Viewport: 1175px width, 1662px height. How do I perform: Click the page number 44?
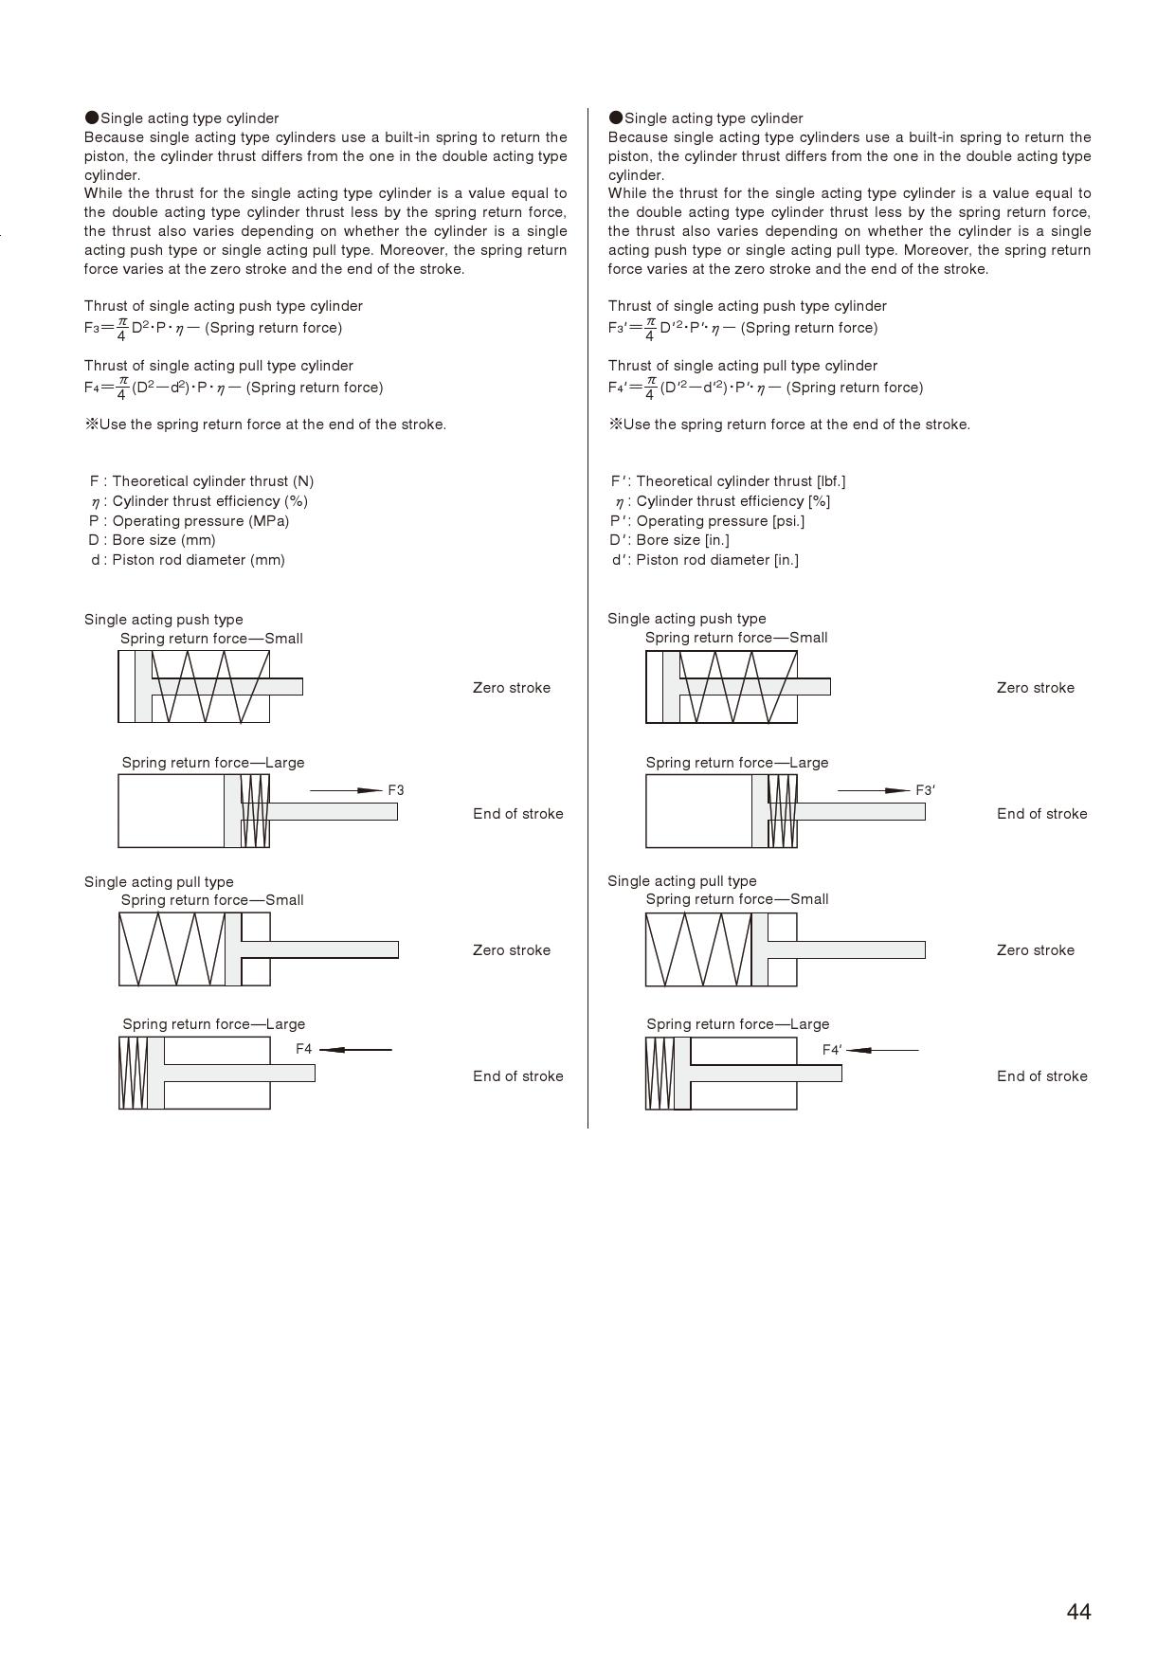1078,1612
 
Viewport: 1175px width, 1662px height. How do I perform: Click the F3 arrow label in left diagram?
396,790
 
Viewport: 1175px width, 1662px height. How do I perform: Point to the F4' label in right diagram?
832,1050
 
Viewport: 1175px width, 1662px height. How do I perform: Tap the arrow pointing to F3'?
874,790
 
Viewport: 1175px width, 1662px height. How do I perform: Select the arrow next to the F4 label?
355,1050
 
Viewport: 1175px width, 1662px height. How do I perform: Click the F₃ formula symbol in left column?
91,329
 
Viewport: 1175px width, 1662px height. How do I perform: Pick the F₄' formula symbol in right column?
617,388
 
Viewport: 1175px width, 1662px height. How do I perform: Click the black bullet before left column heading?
92,117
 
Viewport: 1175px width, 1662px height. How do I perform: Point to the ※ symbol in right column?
615,425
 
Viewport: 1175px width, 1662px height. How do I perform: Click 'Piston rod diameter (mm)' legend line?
189,560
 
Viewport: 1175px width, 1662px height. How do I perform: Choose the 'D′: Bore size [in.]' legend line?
669,540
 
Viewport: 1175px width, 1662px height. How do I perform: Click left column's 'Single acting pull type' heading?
159,882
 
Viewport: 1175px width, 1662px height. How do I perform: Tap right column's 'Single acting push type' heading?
687,619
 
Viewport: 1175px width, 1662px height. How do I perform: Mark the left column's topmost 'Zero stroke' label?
512,688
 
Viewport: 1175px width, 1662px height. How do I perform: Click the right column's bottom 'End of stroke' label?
1042,1076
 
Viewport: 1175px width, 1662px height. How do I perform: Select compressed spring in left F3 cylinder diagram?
255,811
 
